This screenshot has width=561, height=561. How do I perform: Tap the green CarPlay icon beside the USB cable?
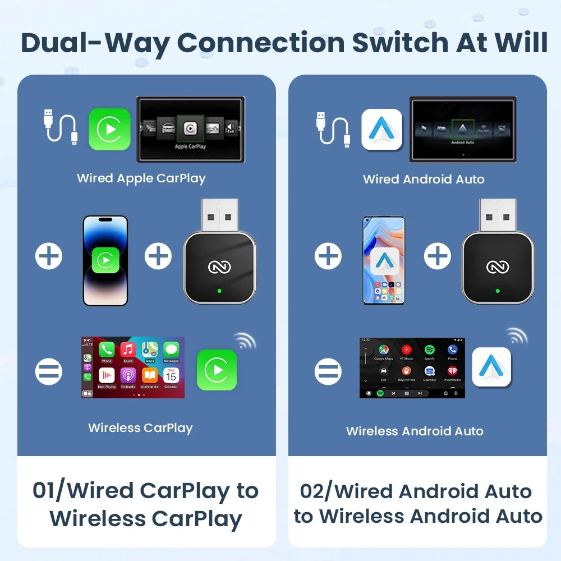coord(109,129)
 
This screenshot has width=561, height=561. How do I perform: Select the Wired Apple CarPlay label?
coord(141,178)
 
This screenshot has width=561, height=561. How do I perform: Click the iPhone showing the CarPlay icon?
coord(105,261)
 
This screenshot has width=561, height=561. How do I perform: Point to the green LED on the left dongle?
coord(219,291)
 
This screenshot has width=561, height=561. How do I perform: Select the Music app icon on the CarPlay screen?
coord(128,351)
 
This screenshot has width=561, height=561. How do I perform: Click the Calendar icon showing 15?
coord(171,375)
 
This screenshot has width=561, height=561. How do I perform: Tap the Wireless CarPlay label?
coord(140,428)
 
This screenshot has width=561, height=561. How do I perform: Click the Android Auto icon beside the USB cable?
coord(382,129)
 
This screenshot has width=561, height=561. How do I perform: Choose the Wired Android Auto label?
coord(424,180)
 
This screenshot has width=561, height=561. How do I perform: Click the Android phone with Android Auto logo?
coord(384,261)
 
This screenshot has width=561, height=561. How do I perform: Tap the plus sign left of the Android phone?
coord(328,257)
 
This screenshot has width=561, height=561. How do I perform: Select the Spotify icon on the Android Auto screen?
coord(430,351)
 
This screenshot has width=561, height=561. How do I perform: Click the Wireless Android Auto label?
coord(415,431)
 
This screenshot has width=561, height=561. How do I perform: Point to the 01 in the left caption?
coord(46,491)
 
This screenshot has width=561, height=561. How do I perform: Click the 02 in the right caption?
coord(314,491)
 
